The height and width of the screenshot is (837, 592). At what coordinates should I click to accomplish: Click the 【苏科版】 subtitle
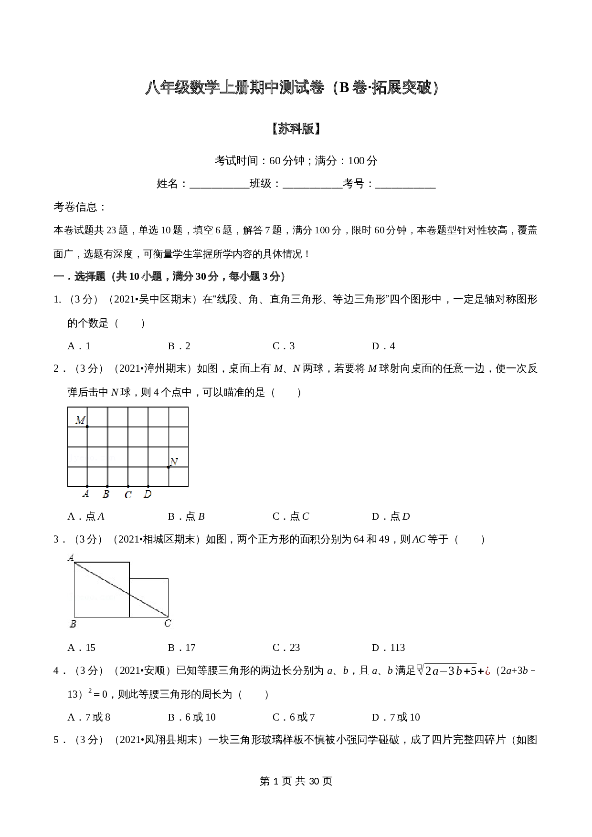pos(296,129)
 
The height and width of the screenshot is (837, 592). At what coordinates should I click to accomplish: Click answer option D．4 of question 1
pos(383,346)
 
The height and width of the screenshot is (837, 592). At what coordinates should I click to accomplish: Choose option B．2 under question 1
pos(179,346)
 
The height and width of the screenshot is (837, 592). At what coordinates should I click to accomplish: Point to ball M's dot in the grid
pos(87,426)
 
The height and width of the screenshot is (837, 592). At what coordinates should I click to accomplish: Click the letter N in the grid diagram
pos(174,461)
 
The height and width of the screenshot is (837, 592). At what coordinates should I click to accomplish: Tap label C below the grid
pos(128,495)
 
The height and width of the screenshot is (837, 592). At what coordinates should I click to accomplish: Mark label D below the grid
pos(148,494)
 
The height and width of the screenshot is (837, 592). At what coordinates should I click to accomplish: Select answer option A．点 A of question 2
pos(86,516)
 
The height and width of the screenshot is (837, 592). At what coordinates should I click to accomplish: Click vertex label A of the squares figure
pos(71,557)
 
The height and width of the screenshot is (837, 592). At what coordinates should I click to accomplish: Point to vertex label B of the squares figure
pos(73,624)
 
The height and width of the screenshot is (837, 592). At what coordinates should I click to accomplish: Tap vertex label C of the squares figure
pos(168,623)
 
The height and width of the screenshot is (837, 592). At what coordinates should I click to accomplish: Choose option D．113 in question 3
pos(388,648)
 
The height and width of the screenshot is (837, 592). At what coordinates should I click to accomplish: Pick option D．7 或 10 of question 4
pos(396,717)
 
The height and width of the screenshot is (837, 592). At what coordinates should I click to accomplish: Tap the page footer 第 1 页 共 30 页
pos(296,781)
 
